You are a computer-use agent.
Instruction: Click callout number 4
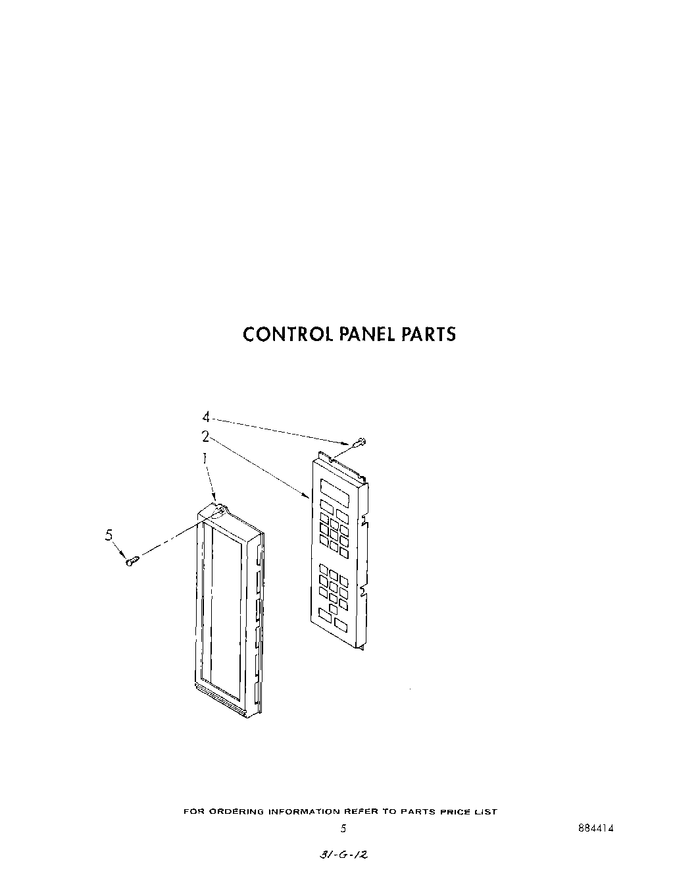click(x=205, y=417)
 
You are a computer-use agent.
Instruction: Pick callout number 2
click(x=205, y=436)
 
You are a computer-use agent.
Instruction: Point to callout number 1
click(x=205, y=456)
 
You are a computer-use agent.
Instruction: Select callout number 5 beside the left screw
click(x=109, y=535)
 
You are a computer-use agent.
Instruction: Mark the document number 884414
click(x=595, y=829)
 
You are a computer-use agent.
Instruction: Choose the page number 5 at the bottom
click(x=343, y=829)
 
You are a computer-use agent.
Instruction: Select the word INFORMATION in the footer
click(x=303, y=812)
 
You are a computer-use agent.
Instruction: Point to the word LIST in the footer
click(x=486, y=812)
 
